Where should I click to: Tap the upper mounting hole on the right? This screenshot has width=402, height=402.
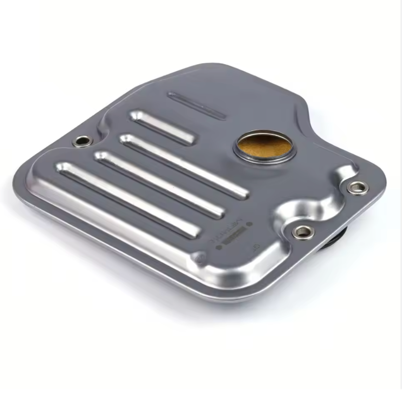point(357,188)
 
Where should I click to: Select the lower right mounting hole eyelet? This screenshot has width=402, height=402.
point(303,231)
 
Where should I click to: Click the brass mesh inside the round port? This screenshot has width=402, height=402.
point(264,146)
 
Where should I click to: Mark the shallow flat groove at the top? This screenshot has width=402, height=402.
point(196,104)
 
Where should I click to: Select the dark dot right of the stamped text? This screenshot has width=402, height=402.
point(246,245)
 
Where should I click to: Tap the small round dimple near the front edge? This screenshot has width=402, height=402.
point(200,258)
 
